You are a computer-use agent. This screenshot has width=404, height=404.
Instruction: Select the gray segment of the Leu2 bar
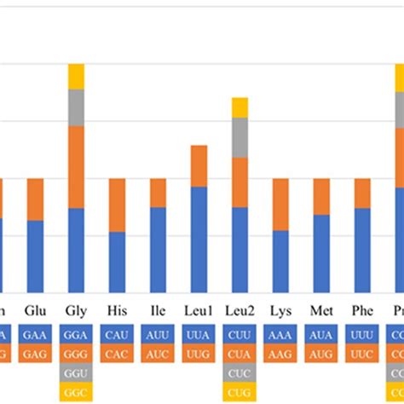click(x=240, y=137)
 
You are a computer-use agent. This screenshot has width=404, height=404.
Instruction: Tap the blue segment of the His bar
click(x=117, y=262)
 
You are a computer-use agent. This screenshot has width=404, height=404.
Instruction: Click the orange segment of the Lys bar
click(x=280, y=205)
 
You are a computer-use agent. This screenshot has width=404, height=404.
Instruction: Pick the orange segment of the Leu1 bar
click(x=199, y=166)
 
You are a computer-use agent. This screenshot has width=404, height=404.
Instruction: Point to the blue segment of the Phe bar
click(x=362, y=250)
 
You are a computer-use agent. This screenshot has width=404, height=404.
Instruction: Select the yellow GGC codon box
click(x=76, y=392)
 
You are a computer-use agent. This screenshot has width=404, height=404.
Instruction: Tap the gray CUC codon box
click(x=240, y=373)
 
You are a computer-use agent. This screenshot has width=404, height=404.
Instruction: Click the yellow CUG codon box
click(x=240, y=392)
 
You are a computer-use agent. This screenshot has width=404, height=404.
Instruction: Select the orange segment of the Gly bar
click(x=76, y=167)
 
